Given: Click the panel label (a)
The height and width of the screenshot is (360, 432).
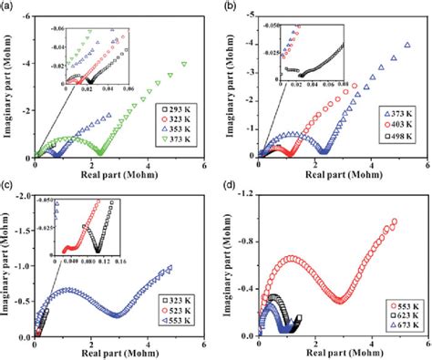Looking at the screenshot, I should tap(8, 6).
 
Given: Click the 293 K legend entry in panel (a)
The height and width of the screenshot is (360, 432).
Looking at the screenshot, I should tap(181, 108).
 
